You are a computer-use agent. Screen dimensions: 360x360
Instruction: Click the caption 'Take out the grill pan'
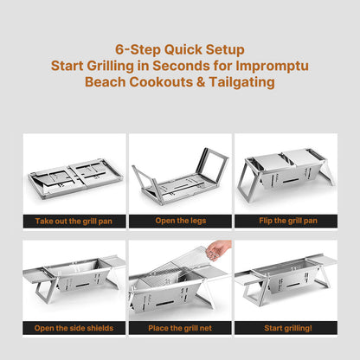(73, 221)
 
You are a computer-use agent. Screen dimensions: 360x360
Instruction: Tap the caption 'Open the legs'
(179, 221)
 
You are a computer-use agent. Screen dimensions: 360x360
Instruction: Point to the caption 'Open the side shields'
(73, 328)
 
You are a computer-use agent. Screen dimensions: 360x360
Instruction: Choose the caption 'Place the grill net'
(179, 328)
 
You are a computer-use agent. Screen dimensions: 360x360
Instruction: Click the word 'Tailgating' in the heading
(242, 81)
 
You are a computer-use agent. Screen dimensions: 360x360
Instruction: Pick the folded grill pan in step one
(73, 177)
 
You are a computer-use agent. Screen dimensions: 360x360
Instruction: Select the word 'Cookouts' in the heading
(165, 81)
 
